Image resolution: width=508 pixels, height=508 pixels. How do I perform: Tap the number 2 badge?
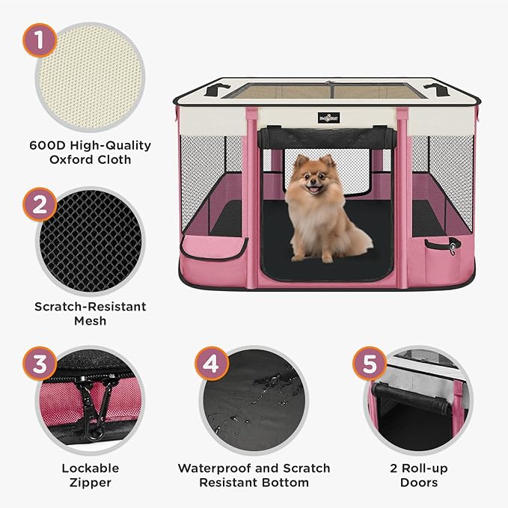(38, 202)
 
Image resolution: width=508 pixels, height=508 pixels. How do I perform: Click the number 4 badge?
(212, 365)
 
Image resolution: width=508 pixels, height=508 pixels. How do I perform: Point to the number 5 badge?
(370, 365)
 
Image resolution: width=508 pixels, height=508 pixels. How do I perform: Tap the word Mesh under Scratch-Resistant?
(90, 320)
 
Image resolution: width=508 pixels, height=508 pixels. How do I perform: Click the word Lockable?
(90, 468)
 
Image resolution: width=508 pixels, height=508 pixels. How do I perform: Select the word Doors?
(419, 483)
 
